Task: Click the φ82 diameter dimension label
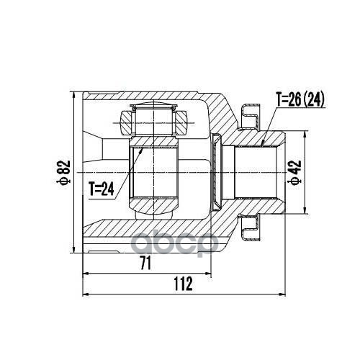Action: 63,173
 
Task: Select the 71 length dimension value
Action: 145,263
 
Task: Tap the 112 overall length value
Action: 184,284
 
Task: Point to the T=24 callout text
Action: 102,189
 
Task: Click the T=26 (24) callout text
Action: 300,99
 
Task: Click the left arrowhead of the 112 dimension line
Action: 86,294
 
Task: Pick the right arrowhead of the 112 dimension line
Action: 282,294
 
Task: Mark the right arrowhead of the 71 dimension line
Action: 207,273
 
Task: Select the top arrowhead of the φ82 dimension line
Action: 74,95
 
